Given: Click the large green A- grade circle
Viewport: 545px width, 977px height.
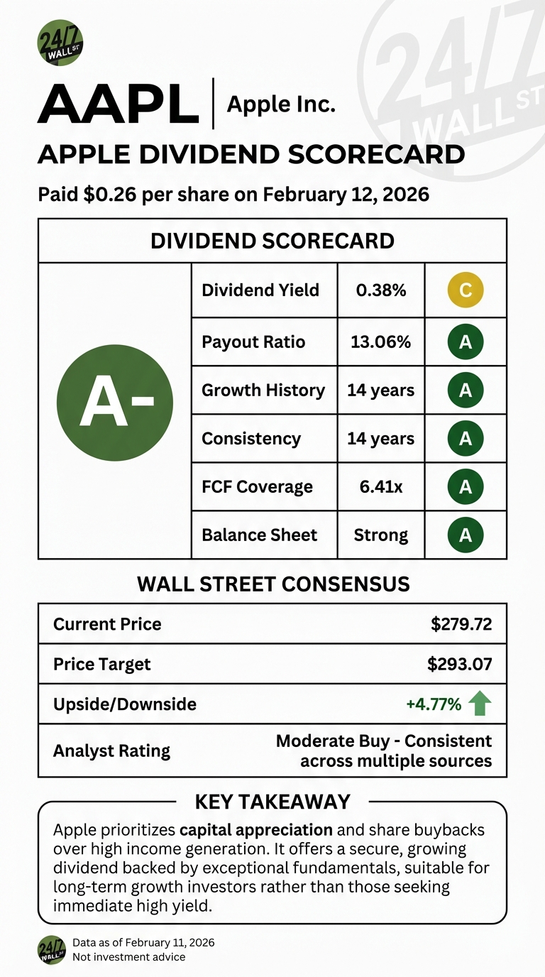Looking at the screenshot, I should pos(115,402).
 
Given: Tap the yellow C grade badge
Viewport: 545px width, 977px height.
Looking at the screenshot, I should pos(466,290).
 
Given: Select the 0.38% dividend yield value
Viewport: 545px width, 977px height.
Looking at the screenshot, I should pos(380,290).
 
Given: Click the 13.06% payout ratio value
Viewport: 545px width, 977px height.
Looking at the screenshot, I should pos(380,342).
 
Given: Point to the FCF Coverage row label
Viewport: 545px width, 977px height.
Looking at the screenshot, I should pos(257,486).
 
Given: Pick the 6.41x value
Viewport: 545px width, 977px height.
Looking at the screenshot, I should pos(380,486).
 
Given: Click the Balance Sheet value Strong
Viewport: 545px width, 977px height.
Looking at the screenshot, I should pos(380,535).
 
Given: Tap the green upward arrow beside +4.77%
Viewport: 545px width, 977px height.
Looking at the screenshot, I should pos(480,704).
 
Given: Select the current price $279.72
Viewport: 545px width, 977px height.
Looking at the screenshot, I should pos(461,624).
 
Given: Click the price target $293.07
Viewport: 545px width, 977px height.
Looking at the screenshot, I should pos(459,664).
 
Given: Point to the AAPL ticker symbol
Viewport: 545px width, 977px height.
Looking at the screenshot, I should pos(118,104).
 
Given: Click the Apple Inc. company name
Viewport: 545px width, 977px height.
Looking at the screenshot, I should pos(280,104).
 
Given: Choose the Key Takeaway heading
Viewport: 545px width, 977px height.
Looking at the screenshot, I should pos(272,802).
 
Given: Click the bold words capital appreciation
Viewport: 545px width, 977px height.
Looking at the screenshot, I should pos(256,829).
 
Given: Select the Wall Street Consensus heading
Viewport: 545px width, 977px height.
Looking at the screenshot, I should pos(272,584).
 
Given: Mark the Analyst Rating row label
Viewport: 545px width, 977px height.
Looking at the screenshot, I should pos(111,751).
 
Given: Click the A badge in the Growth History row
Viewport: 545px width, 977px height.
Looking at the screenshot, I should pos(466,390).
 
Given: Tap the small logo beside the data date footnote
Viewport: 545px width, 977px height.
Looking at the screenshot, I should pos(52,949).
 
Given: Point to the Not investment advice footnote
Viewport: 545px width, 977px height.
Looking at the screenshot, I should pos(128,957).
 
